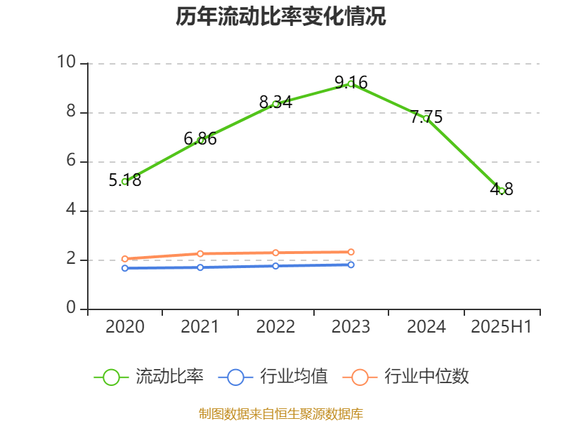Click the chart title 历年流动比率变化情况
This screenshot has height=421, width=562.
(281, 17)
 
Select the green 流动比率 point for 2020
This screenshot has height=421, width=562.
(124, 182)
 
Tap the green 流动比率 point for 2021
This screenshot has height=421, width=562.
(200, 141)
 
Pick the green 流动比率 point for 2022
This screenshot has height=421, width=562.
(275, 104)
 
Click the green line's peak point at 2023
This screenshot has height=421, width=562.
(351, 84)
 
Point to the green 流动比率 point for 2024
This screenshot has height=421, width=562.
(426, 119)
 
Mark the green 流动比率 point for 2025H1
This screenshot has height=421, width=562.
(502, 191)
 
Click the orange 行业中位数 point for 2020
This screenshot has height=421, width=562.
(124, 259)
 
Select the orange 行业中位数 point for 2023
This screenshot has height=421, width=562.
(351, 252)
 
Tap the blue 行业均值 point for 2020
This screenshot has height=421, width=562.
(124, 268)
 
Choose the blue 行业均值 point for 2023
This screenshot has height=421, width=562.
(351, 265)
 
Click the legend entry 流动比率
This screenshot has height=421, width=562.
(149, 377)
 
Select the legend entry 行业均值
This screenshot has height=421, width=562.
(273, 377)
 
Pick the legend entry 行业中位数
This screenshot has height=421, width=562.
(406, 377)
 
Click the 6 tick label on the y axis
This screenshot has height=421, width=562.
(71, 161)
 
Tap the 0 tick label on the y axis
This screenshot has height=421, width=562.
(71, 309)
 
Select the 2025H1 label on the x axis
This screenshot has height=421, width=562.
(502, 327)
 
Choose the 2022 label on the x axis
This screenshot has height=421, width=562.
(275, 327)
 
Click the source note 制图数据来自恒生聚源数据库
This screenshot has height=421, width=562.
(281, 413)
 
